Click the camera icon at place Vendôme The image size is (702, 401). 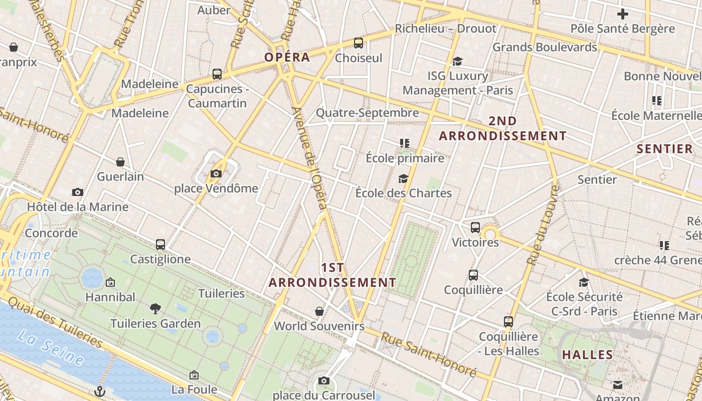pyautogui.click(x=216, y=174)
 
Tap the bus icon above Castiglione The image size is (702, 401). pyautogui.click(x=160, y=245)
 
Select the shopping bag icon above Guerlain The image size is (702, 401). pyautogui.click(x=120, y=162)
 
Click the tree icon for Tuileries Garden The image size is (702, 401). pyautogui.click(x=155, y=309)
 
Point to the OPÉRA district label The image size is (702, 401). pyautogui.click(x=287, y=57)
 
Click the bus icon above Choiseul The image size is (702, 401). pyautogui.click(x=359, y=43)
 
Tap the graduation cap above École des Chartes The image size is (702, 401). pyautogui.click(x=403, y=178)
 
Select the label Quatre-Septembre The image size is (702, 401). pyautogui.click(x=367, y=113)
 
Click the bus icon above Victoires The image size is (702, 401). pyautogui.click(x=475, y=228)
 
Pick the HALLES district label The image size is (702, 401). pyautogui.click(x=588, y=355)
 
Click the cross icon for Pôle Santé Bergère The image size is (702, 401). pyautogui.click(x=623, y=14)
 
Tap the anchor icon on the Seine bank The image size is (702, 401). pyautogui.click(x=100, y=390)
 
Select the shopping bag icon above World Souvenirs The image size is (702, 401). pyautogui.click(x=319, y=312)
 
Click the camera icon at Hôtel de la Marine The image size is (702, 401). pyautogui.click(x=78, y=192)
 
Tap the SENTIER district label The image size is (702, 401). pyautogui.click(x=664, y=149)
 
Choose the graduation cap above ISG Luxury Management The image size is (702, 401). pyautogui.click(x=457, y=61)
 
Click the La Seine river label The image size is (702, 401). pyautogui.click(x=51, y=348)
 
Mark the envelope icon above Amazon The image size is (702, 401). pyautogui.click(x=618, y=385)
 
